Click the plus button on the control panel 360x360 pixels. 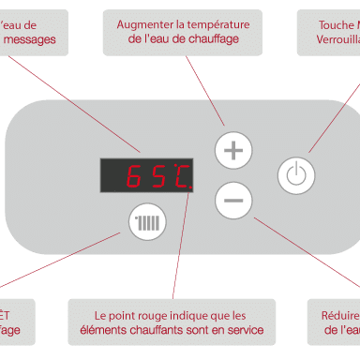point(233,150)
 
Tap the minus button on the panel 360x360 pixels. point(233,199)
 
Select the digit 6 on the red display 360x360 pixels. point(134,175)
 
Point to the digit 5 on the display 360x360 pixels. point(156,175)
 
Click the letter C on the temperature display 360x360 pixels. point(179,175)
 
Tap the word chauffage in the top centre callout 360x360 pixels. point(208,39)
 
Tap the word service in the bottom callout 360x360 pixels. point(243,330)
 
